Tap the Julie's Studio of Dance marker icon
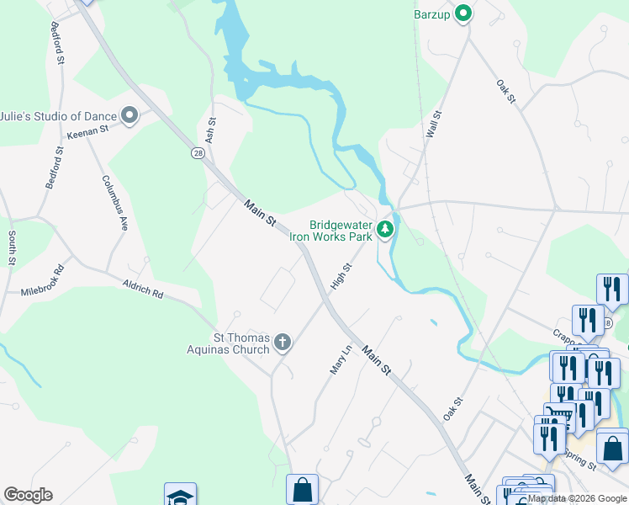click(129, 115)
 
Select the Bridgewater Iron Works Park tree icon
click(385, 229)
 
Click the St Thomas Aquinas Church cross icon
click(283, 342)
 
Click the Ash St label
click(211, 129)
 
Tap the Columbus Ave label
click(115, 203)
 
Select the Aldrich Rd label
click(142, 290)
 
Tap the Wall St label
click(434, 125)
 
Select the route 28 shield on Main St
click(197, 153)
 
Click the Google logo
click(28, 495)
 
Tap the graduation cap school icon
click(180, 495)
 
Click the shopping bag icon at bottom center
click(302, 489)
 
